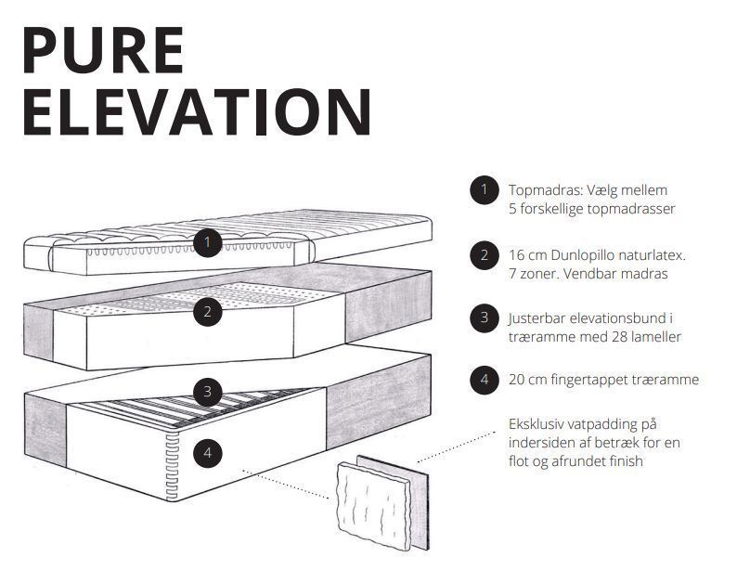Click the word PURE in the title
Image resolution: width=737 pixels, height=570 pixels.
point(102,50)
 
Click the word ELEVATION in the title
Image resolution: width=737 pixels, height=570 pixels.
point(197,111)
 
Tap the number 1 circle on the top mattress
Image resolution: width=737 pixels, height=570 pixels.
point(207,242)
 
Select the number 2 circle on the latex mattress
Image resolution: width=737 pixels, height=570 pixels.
point(207,311)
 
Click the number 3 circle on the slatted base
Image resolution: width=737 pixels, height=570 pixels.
point(207,391)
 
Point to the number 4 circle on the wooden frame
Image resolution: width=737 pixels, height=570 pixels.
point(207,453)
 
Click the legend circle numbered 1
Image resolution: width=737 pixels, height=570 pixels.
point(485,189)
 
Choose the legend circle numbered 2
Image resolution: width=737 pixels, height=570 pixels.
point(485,255)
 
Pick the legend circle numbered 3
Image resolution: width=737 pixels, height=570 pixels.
point(485,317)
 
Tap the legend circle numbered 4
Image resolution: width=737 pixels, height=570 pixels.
point(485,379)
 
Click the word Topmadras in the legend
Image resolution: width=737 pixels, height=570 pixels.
point(545,191)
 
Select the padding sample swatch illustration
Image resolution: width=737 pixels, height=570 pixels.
point(383,503)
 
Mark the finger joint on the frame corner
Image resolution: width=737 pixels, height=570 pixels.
point(173,465)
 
